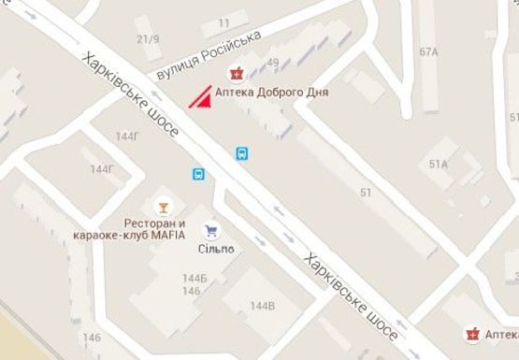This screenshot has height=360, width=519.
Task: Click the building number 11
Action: click(x=223, y=22)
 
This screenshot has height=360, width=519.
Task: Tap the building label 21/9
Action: click(x=148, y=39)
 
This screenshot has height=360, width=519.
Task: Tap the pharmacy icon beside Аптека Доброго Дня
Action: click(x=237, y=74)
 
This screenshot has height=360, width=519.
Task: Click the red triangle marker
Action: click(x=198, y=98)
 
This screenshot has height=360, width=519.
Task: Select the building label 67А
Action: click(x=429, y=52)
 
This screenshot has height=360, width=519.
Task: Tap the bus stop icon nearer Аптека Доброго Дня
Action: click(x=242, y=153)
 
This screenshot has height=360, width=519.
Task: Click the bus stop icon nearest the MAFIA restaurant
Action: click(x=198, y=174)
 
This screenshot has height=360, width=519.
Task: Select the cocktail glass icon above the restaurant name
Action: click(x=164, y=206)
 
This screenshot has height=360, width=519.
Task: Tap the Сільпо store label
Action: click(x=215, y=248)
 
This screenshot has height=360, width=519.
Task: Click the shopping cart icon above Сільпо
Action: click(x=211, y=228)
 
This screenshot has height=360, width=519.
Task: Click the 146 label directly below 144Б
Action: click(x=192, y=291)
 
